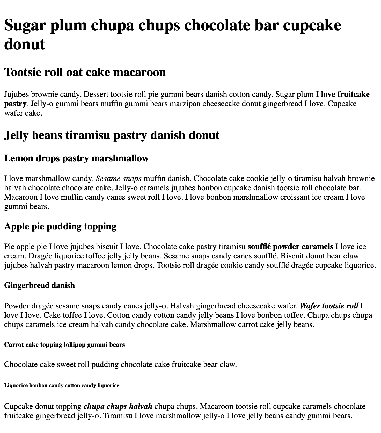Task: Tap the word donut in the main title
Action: (x=25, y=44)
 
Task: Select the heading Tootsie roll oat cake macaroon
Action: (x=85, y=72)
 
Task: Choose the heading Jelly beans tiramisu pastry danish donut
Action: (x=112, y=135)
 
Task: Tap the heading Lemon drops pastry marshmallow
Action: (x=76, y=158)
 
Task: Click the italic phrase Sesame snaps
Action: (x=119, y=178)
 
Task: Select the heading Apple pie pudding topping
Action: (x=60, y=226)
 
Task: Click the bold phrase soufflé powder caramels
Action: (x=290, y=246)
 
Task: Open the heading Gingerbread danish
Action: (x=40, y=285)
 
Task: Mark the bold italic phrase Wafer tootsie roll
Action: (x=329, y=306)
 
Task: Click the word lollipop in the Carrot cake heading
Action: (x=75, y=345)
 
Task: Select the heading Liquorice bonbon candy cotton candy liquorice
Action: (x=62, y=385)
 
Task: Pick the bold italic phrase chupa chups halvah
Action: (x=118, y=406)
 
